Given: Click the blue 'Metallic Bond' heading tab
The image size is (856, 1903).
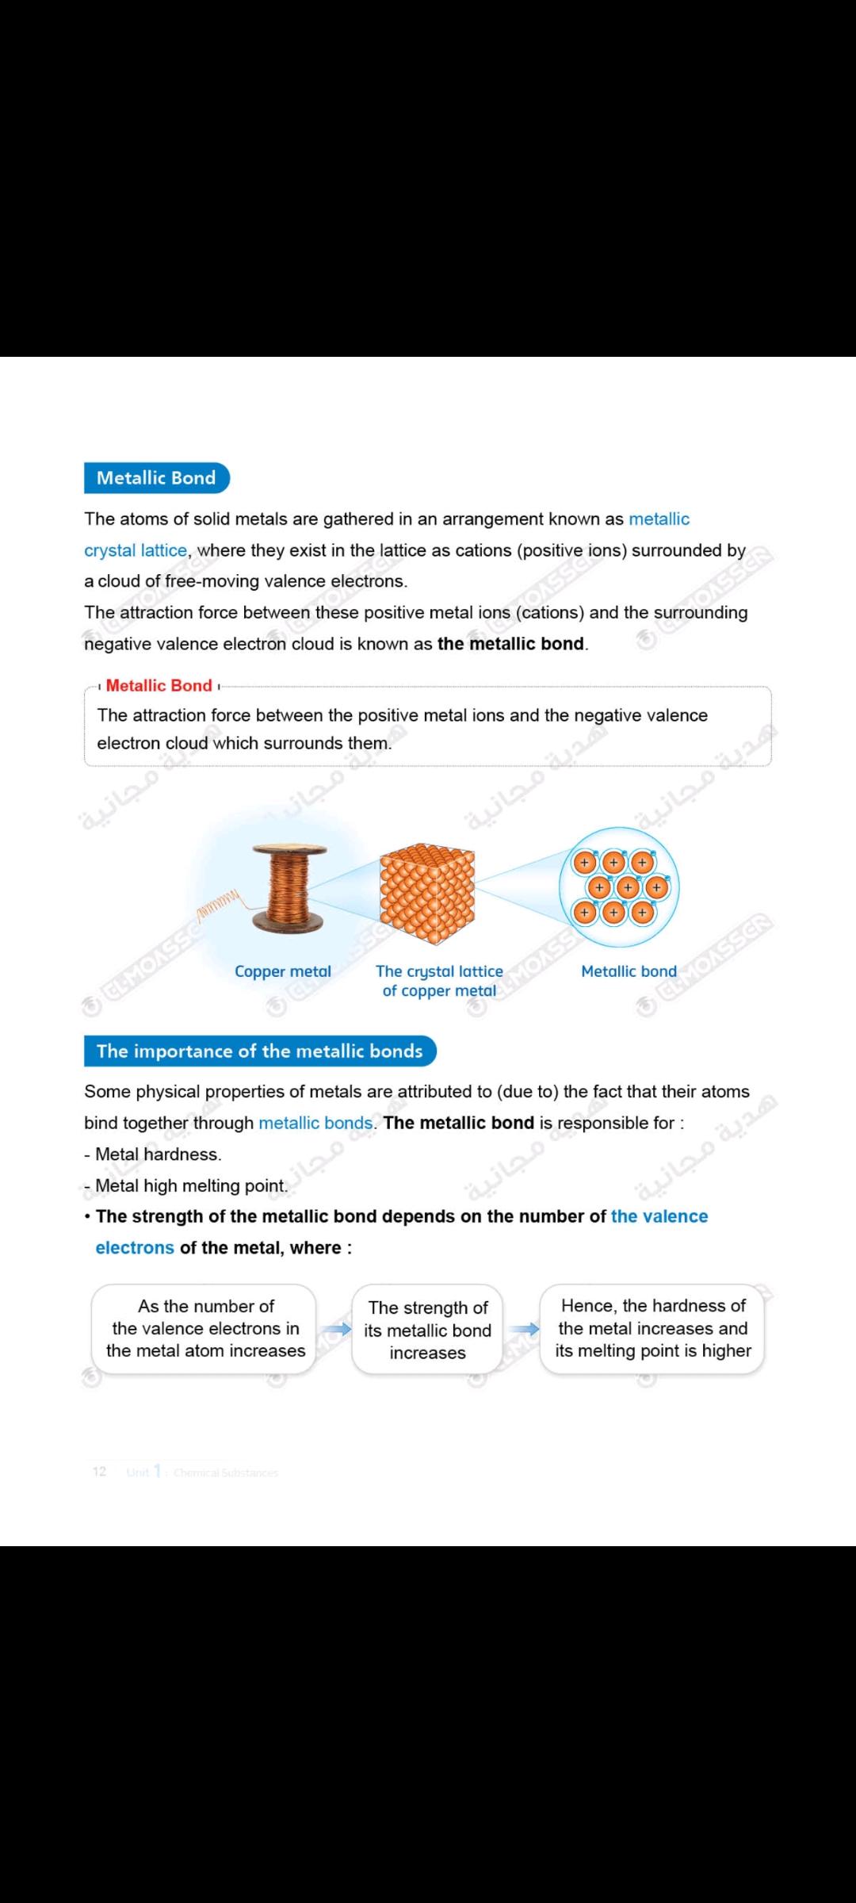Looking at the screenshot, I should pyautogui.click(x=156, y=478).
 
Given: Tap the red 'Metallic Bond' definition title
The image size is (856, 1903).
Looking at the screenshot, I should pyautogui.click(x=159, y=686).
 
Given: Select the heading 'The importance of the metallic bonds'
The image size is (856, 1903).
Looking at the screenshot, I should pyautogui.click(x=259, y=1051).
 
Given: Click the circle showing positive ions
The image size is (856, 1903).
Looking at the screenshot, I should pyautogui.click(x=619, y=886).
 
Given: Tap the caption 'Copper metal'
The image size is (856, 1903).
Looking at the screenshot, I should pyautogui.click(x=283, y=971).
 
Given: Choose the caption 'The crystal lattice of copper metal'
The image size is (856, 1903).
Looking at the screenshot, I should pyautogui.click(x=439, y=981).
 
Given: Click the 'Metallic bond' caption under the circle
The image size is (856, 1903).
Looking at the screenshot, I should pyautogui.click(x=629, y=971).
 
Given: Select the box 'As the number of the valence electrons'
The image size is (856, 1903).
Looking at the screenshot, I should pyautogui.click(x=204, y=1328).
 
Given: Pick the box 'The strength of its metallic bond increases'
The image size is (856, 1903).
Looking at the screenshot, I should pyautogui.click(x=427, y=1330).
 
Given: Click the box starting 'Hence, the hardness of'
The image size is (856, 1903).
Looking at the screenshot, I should pyautogui.click(x=652, y=1328).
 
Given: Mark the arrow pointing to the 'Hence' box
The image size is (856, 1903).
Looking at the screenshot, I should pyautogui.click(x=523, y=1329).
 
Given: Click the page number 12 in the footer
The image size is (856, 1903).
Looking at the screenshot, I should pyautogui.click(x=99, y=1472).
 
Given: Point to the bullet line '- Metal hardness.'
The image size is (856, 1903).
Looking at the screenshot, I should pyautogui.click(x=154, y=1154).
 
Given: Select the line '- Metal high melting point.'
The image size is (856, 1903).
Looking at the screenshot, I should pyautogui.click(x=186, y=1186).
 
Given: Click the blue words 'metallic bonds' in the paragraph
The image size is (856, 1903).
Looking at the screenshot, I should pyautogui.click(x=315, y=1123).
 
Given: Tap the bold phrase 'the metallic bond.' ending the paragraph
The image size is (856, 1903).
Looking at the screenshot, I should pyautogui.click(x=512, y=644).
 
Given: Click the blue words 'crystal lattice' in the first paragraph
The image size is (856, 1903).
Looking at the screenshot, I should pyautogui.click(x=136, y=550).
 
